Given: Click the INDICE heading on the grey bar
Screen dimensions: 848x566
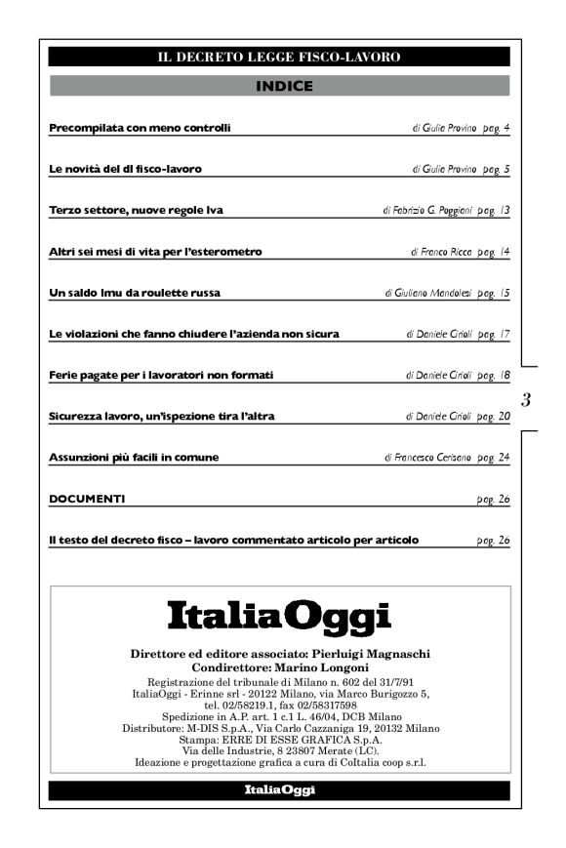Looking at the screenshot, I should point(284,87).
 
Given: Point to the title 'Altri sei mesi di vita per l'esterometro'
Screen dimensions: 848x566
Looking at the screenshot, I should point(155,252).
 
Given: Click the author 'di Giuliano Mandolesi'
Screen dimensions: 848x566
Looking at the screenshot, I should point(428,293).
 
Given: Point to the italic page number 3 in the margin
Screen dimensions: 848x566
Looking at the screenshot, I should point(527,399).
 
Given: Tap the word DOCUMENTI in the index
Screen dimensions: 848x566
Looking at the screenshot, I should point(87,499).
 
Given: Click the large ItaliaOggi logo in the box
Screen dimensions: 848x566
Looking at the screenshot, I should point(279,617).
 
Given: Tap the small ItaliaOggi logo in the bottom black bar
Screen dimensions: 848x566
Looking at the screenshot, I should point(279,791).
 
